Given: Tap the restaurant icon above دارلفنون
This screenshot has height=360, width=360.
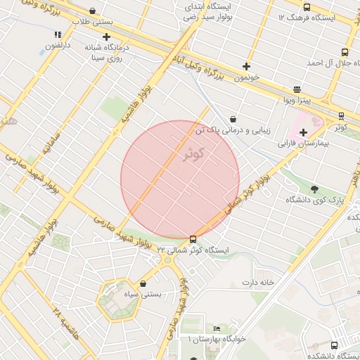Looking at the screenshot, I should [x=57, y=34].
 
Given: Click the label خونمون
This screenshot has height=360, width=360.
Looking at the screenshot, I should [x=247, y=77].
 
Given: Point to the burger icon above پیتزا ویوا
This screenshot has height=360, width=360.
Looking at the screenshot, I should [x=297, y=89].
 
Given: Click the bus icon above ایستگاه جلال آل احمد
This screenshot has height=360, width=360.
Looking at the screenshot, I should [x=344, y=52].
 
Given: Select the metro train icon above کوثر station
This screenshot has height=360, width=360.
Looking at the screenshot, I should [x=341, y=116].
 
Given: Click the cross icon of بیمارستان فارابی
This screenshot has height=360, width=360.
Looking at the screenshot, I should [x=303, y=132].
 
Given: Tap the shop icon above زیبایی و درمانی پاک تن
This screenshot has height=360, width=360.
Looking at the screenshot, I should [x=233, y=119].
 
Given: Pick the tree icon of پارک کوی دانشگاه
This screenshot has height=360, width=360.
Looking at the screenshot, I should [x=314, y=188].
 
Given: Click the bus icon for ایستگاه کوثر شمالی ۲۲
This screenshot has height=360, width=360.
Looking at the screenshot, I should [x=193, y=239].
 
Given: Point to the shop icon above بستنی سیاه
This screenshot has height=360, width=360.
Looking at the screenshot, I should [x=143, y=283].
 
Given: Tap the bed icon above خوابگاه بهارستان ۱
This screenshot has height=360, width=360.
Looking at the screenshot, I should [x=217, y=328].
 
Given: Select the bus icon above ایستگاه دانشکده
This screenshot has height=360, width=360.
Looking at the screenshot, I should [x=333, y=345].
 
